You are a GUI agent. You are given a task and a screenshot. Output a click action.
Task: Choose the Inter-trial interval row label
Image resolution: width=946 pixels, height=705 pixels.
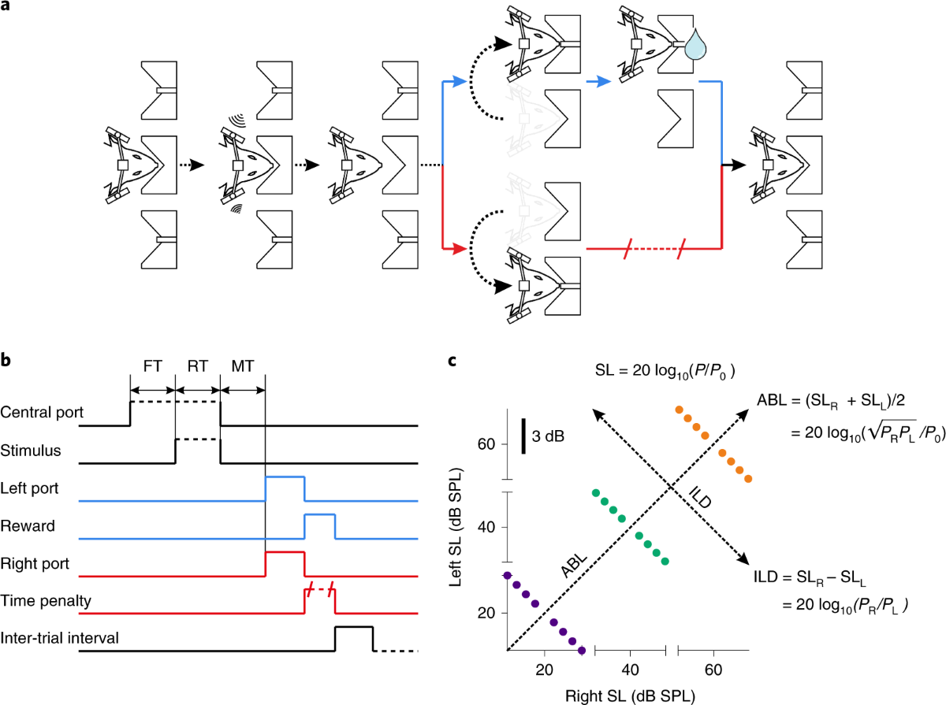point(60,637)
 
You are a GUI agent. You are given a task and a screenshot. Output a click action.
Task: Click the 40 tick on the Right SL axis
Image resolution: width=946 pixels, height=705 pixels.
point(629,670)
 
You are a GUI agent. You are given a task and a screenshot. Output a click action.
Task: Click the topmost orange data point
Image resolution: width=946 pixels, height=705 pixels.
point(679,410)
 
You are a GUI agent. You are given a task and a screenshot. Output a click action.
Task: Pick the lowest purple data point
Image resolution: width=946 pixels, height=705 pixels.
point(582,650)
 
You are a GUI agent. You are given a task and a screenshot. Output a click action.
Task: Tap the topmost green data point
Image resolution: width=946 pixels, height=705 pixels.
point(596,493)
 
